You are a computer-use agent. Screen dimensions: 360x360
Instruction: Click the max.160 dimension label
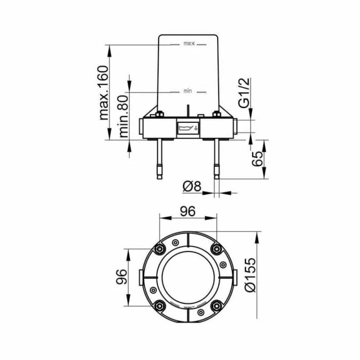103,92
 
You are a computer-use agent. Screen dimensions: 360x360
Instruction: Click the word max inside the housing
188,44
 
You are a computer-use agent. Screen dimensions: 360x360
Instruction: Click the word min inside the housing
188,91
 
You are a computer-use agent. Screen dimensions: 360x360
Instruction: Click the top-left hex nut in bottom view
160,249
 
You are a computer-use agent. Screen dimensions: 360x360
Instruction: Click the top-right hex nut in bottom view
216,249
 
